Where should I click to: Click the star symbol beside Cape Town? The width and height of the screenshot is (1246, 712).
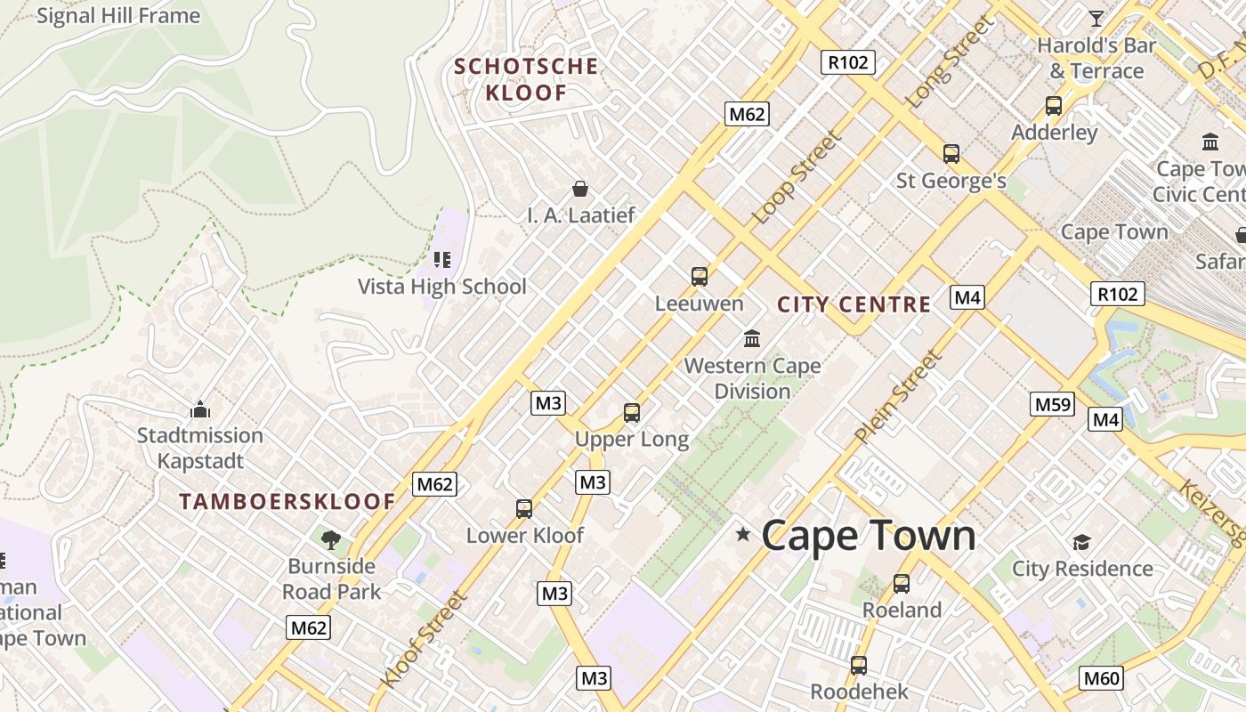click(742, 535)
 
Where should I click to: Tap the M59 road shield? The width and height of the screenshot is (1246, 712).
click(1053, 404)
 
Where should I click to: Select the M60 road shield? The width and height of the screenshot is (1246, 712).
click(1101, 678)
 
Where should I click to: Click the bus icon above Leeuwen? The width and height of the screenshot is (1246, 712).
click(700, 277)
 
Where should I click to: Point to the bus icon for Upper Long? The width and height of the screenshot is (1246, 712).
click(632, 413)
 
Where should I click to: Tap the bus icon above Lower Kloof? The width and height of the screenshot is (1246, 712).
click(524, 509)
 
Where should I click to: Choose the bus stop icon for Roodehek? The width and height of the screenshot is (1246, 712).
click(859, 665)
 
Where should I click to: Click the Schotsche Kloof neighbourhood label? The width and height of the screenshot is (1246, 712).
click(526, 79)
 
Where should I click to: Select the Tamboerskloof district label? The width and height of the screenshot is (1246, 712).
click(287, 502)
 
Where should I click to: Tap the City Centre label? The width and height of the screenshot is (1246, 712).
click(854, 304)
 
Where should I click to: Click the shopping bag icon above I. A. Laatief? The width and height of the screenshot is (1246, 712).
click(580, 189)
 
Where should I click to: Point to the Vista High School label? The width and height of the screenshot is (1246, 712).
click(442, 287)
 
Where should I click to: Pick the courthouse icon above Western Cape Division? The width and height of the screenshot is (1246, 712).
click(752, 339)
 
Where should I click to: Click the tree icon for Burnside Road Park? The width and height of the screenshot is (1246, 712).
click(331, 539)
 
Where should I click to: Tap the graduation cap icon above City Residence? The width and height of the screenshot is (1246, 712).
click(1081, 542)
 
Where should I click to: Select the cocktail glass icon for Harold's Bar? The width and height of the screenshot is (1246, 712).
click(1096, 18)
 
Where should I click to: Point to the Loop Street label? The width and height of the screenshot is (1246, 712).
click(797, 177)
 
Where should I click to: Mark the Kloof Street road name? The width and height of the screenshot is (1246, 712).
click(424, 639)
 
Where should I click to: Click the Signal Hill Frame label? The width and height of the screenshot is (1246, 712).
click(118, 16)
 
